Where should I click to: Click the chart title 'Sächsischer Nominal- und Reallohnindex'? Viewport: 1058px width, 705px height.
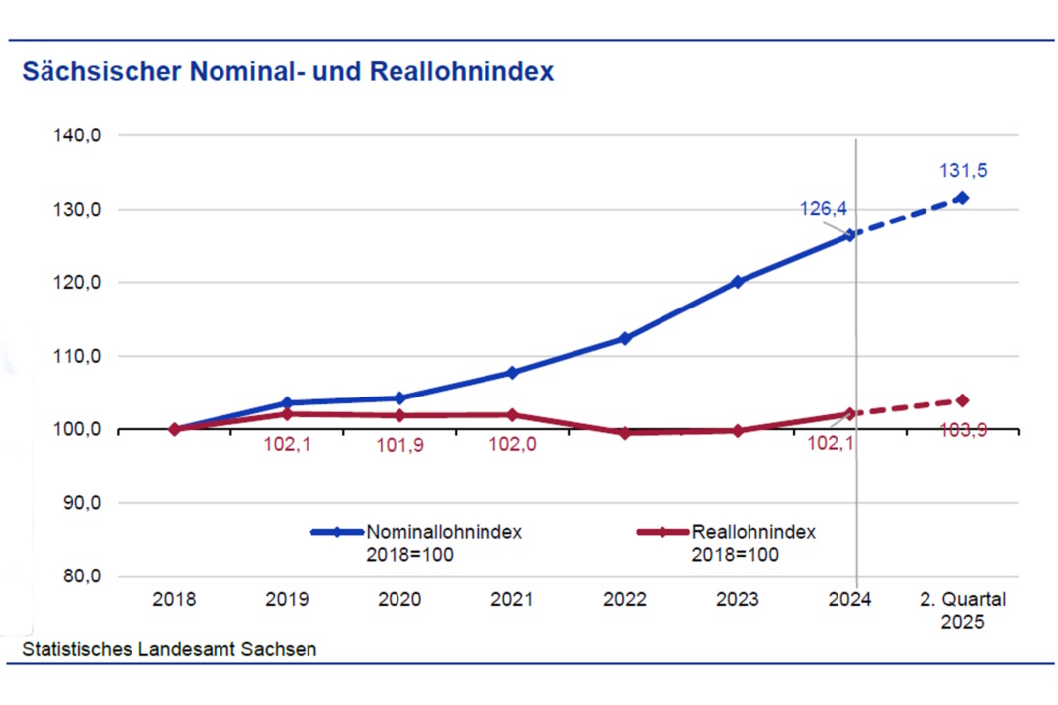coord(288,72)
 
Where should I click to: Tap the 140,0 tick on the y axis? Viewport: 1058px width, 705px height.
coord(78,135)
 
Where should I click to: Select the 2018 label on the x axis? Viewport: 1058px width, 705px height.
coord(174,599)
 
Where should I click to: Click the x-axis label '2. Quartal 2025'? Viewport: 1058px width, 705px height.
coord(962,610)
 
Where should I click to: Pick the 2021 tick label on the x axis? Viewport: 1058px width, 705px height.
coord(512,599)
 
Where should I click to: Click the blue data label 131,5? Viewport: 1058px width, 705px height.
coord(963,170)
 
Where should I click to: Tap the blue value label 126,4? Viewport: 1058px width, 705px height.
coord(823,209)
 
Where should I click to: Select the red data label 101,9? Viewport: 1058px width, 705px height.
coord(399,446)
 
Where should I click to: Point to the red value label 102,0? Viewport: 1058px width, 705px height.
coord(512,445)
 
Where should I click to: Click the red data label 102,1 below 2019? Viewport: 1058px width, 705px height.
coord(287,445)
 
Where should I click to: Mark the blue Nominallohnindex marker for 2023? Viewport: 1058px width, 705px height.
coord(737,282)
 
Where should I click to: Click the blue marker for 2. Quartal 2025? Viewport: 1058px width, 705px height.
coord(962,198)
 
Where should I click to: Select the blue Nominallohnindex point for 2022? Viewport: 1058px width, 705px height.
coord(624,339)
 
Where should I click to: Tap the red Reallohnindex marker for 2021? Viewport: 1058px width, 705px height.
coord(512,414)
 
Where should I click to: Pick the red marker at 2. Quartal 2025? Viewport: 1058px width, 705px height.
coord(962,400)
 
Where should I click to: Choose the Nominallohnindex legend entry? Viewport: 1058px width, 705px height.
coord(415,542)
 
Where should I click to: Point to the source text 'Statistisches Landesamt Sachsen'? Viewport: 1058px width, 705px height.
coord(169,649)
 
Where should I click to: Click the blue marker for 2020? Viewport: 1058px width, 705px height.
coord(399,398)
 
